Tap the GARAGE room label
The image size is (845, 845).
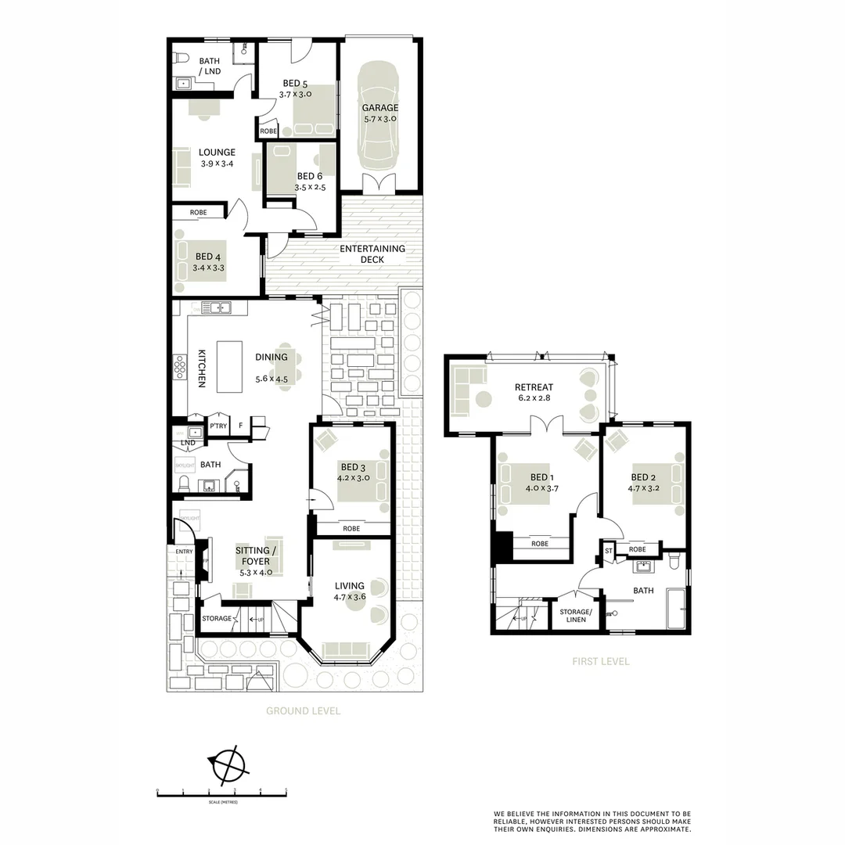[x=379, y=108]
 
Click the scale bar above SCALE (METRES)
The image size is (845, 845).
[x=222, y=794]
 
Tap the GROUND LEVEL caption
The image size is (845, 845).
[x=303, y=711]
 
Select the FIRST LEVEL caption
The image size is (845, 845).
[x=600, y=661]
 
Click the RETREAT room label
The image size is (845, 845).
[x=534, y=387]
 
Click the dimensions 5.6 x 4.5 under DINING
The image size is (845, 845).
[x=271, y=380]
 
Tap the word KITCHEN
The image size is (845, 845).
[x=201, y=368]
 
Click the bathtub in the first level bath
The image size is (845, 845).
[x=676, y=609]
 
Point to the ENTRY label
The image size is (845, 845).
[x=184, y=552]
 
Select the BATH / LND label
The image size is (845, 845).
[x=209, y=66]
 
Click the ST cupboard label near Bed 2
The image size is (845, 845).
[x=608, y=552]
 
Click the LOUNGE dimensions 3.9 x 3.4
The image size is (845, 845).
[x=217, y=164]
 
